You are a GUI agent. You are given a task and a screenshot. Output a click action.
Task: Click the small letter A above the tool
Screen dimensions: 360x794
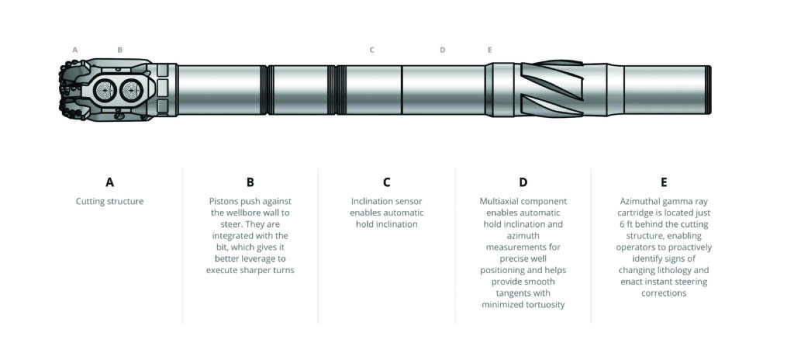(75, 50)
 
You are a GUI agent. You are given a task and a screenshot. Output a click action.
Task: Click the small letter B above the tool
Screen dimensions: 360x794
(119, 50)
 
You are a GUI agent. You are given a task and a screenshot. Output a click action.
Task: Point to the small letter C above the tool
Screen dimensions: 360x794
(371, 50)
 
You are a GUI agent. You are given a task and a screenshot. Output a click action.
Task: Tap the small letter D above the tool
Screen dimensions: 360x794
(443, 50)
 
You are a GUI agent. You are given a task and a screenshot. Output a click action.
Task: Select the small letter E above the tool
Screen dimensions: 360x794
(489, 50)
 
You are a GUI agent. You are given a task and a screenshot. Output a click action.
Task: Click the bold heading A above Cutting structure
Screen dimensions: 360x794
(109, 182)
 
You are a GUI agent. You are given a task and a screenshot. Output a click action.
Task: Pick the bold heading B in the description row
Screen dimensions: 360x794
(250, 182)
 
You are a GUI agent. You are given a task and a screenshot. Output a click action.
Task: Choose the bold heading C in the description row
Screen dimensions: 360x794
(387, 182)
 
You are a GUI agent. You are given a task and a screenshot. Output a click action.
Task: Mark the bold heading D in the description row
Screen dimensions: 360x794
(523, 182)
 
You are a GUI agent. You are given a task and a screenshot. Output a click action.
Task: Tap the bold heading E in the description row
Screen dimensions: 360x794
(664, 182)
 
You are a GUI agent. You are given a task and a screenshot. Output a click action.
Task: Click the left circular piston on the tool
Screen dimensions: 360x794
(105, 91)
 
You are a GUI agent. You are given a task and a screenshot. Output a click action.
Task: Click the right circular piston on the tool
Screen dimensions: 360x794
(129, 91)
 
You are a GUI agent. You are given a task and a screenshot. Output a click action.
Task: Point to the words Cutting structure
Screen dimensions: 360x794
(109, 202)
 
